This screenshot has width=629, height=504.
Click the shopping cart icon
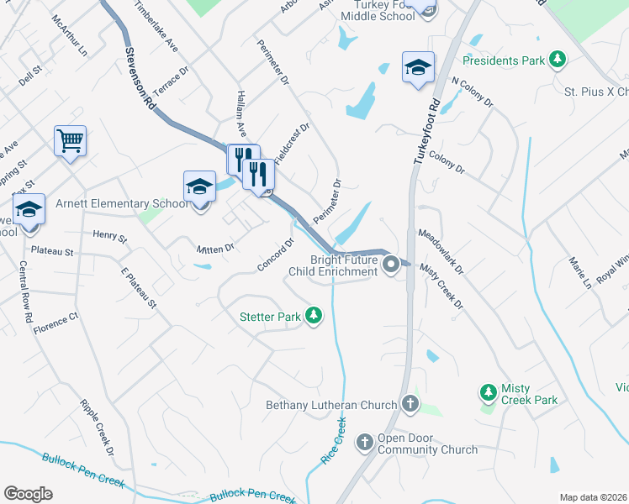click(x=70, y=140)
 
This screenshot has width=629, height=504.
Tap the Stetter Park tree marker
click(x=314, y=316)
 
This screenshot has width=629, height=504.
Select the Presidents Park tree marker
click(x=556, y=59)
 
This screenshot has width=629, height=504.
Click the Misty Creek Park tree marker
click(x=488, y=392)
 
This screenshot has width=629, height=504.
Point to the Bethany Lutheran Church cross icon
click(x=410, y=405)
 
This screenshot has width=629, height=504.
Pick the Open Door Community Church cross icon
click(x=365, y=442)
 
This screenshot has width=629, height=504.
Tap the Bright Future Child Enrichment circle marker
click(x=391, y=265)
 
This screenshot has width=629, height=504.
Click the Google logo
click(x=28, y=494)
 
